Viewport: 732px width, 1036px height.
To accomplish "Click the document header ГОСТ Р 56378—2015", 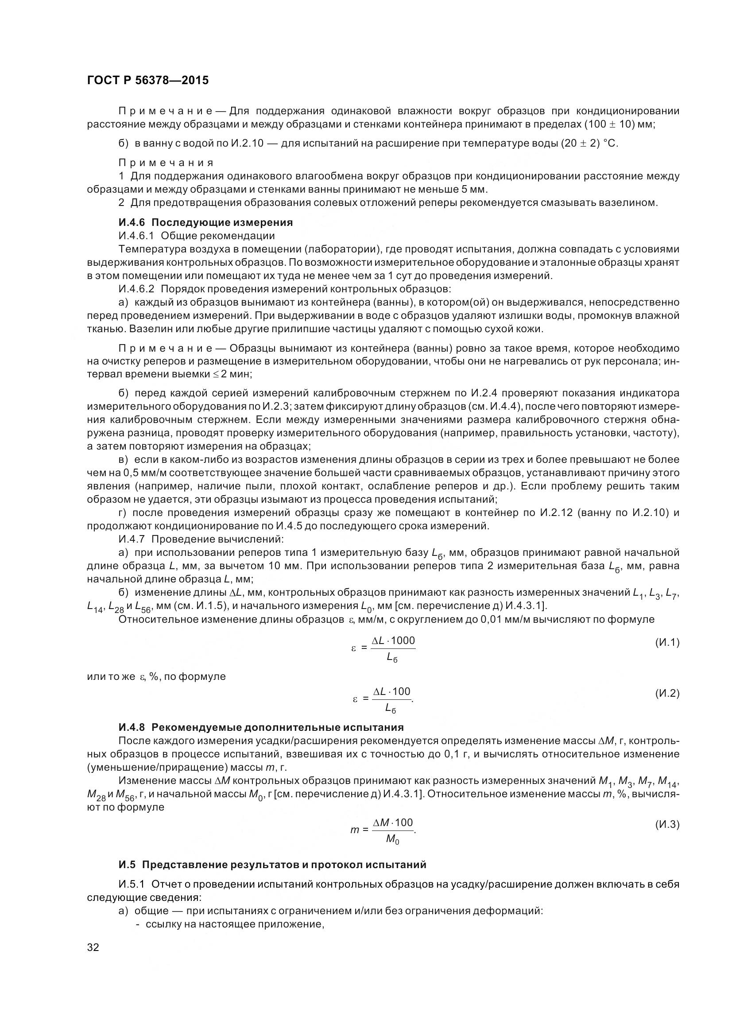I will (x=148, y=81).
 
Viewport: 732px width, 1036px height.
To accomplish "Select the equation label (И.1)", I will (x=667, y=643).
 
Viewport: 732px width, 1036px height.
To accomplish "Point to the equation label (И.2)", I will (x=667, y=694).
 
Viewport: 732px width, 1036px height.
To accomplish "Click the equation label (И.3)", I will (x=667, y=825).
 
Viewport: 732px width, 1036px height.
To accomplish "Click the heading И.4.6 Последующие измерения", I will (x=205, y=222).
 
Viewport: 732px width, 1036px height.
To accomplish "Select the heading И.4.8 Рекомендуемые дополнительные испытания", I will (x=261, y=727).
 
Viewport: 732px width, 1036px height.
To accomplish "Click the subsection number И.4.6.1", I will (x=137, y=236).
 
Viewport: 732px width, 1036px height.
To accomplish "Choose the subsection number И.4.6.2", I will (x=137, y=289).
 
